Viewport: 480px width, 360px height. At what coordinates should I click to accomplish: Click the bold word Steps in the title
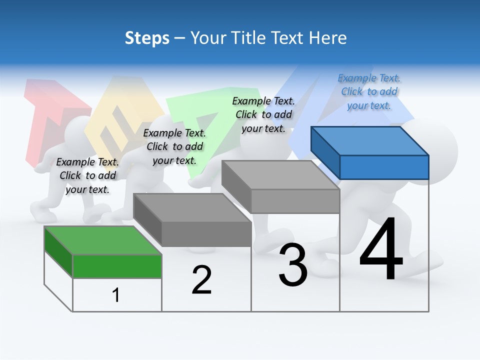147,38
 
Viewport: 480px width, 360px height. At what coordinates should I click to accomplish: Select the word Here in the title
327,37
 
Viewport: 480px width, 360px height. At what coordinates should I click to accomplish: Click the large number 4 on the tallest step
381,248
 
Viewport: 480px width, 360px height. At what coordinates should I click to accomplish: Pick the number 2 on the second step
201,279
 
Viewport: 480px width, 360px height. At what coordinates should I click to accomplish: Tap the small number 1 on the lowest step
115,295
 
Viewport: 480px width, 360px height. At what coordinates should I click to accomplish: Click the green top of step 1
103,240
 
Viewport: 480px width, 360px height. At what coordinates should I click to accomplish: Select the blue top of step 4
370,141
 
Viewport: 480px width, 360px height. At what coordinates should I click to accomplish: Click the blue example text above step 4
369,92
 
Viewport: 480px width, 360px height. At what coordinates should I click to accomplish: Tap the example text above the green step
87,175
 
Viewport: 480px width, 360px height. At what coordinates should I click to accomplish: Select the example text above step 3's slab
263,115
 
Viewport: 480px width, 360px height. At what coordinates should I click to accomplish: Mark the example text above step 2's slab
174,146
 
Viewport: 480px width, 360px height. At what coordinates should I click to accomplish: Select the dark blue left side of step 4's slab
325,153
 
